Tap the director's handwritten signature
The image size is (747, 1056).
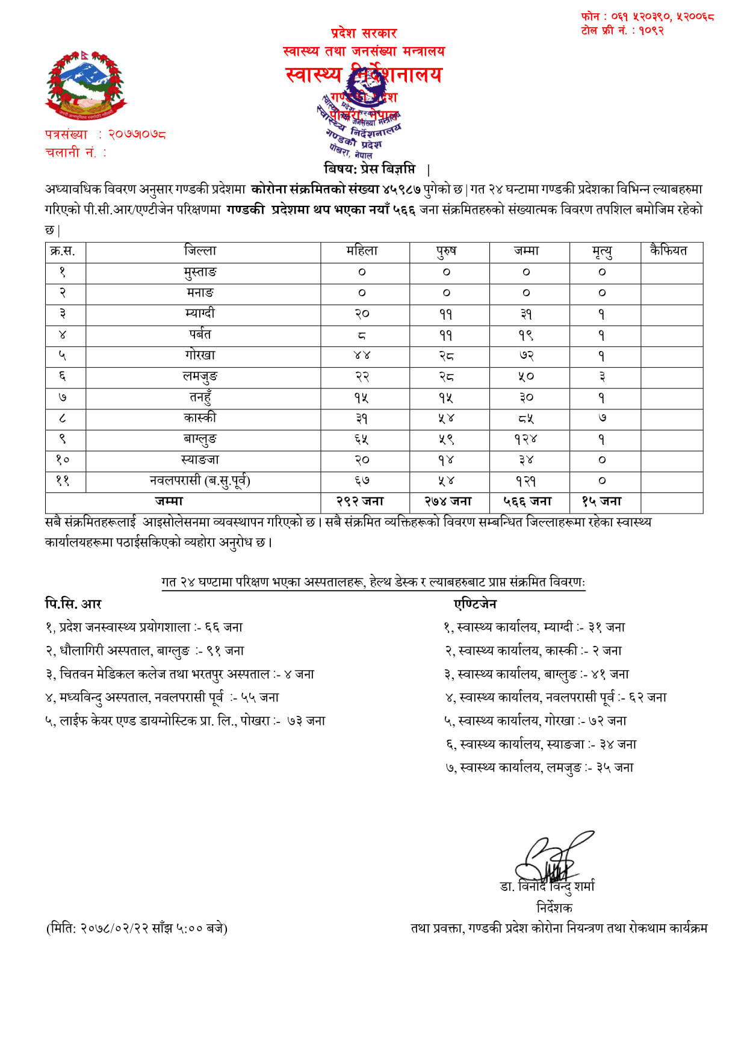(551, 858)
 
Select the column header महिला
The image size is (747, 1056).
(362, 251)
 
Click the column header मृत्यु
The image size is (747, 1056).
(602, 251)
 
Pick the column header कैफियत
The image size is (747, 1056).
(668, 251)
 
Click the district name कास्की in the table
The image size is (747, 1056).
(200, 418)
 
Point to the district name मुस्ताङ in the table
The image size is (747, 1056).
(200, 272)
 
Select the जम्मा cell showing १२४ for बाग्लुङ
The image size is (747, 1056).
(525, 439)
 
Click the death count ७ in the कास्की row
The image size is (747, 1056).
(602, 418)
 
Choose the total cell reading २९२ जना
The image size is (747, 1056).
(360, 502)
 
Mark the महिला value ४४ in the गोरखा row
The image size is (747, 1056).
(362, 356)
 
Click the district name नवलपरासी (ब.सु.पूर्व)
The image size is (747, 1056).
(200, 481)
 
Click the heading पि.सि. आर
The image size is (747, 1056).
(73, 604)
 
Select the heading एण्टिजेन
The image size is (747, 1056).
(476, 604)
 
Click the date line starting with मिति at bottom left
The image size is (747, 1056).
(137, 928)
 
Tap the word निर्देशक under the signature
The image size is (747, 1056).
(554, 907)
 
